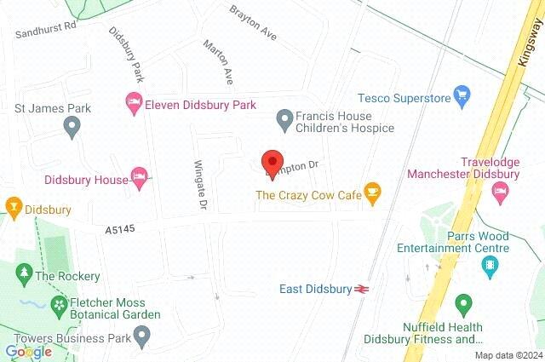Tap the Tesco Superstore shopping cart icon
pyautogui.click(x=462, y=95)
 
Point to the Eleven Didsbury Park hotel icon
pyautogui.click(x=133, y=104)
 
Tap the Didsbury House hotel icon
pyautogui.click(x=141, y=177)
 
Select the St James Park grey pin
pyautogui.click(x=72, y=128)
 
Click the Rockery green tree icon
pyautogui.click(x=24, y=274)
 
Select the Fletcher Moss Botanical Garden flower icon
pyautogui.click(x=59, y=304)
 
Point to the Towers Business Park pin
pyautogui.click(x=143, y=337)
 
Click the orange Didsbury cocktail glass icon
pyautogui.click(x=13, y=207)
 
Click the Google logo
pyautogui.click(x=28, y=351)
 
